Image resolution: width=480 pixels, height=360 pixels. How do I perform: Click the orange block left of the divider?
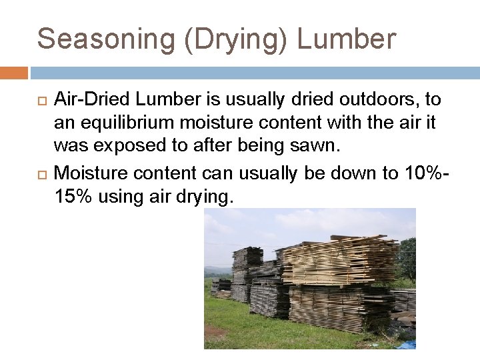coord(13,72)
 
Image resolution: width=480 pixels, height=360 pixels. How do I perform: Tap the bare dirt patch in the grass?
coord(217,331)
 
